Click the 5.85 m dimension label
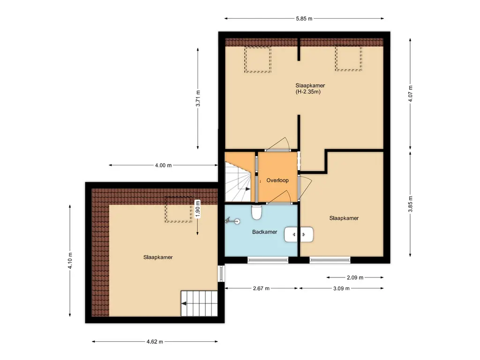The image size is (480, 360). pyautogui.click(x=304, y=19)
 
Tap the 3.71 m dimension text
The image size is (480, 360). pyautogui.click(x=198, y=98)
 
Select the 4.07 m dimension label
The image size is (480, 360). pyautogui.click(x=411, y=94)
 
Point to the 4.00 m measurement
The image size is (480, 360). pyautogui.click(x=163, y=165)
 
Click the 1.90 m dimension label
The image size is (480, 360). pyautogui.click(x=197, y=209)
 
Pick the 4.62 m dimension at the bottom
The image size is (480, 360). pyautogui.click(x=155, y=342)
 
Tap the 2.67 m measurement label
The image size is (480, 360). pyautogui.click(x=261, y=288)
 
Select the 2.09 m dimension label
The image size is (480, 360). pyautogui.click(x=355, y=277)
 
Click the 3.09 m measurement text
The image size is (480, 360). pyautogui.click(x=341, y=288)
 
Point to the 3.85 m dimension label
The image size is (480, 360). pyautogui.click(x=411, y=204)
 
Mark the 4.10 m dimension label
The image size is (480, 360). pyautogui.click(x=70, y=261)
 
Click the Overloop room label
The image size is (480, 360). pyautogui.click(x=277, y=180)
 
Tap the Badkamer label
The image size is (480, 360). pyautogui.click(x=264, y=232)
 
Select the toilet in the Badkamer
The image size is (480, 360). pyautogui.click(x=256, y=212)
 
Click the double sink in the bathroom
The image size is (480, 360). pyautogui.click(x=299, y=234)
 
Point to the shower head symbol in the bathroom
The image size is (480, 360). pyautogui.click(x=232, y=220)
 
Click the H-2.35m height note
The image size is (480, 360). pyautogui.click(x=308, y=92)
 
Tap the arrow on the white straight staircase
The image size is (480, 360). pyautogui.click(x=184, y=304)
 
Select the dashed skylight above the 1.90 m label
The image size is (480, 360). pyautogui.click(x=180, y=210)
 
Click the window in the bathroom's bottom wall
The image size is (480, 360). pyautogui.click(x=268, y=260)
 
